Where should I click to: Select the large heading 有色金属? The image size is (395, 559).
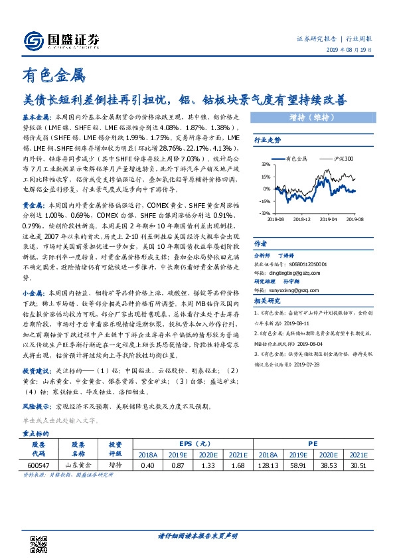(54, 77)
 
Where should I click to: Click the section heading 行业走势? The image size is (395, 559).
(268, 140)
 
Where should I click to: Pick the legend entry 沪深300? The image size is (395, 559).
(343, 159)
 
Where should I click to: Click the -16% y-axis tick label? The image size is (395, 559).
(264, 201)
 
